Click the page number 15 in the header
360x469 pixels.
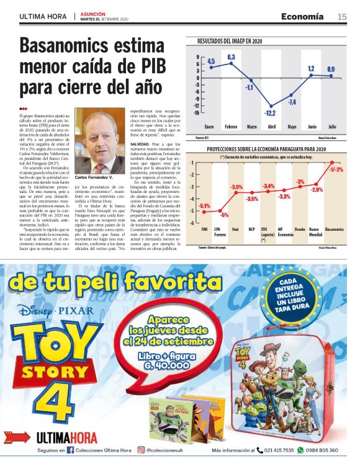[x=342, y=16]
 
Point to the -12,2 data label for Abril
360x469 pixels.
[x=270, y=113]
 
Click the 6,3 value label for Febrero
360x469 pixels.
[x=231, y=58]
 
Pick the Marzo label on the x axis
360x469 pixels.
[x=252, y=127]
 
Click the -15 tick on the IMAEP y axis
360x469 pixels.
[x=196, y=113]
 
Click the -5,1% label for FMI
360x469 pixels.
[x=205, y=205]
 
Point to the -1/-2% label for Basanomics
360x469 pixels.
[x=336, y=169]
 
